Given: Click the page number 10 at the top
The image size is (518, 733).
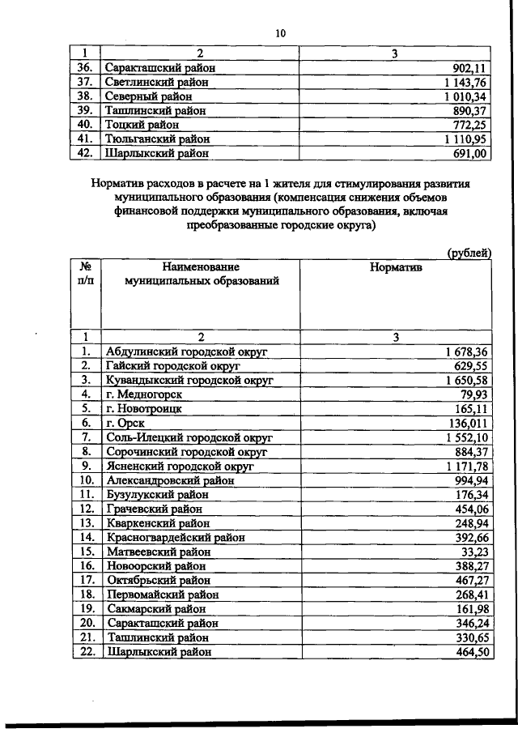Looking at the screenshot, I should [x=279, y=32].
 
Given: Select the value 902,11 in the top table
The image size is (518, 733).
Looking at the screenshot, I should [x=469, y=68].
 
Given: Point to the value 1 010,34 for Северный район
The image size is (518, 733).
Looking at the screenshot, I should [x=464, y=96].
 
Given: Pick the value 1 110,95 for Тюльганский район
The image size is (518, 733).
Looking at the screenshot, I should [x=464, y=139].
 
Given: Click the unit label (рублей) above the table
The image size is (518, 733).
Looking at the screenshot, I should [x=469, y=253].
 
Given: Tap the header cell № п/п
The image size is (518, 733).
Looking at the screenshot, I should [x=85, y=274].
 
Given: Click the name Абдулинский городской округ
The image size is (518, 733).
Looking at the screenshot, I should [x=187, y=352].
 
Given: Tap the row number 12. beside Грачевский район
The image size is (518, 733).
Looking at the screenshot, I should [x=85, y=509].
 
